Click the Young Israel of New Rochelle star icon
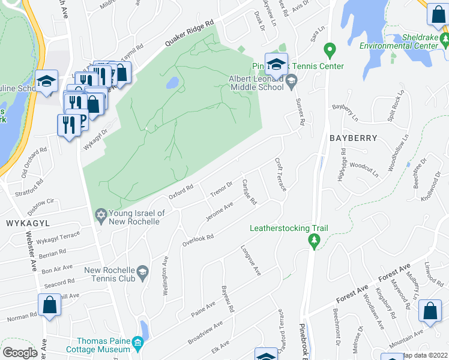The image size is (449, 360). [100, 215]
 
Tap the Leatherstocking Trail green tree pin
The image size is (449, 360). [313, 241]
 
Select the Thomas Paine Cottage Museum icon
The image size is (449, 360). [138, 344]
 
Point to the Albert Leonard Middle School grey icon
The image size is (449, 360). [291, 81]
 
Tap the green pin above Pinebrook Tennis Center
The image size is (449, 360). [329, 50]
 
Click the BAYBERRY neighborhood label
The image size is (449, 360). [353, 138]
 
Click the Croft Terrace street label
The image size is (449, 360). [281, 175]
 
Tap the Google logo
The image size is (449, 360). [20, 353]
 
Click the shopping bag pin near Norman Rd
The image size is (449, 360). [50, 305]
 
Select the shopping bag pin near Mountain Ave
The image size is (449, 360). [430, 311]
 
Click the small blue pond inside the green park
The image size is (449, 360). [172, 82]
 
